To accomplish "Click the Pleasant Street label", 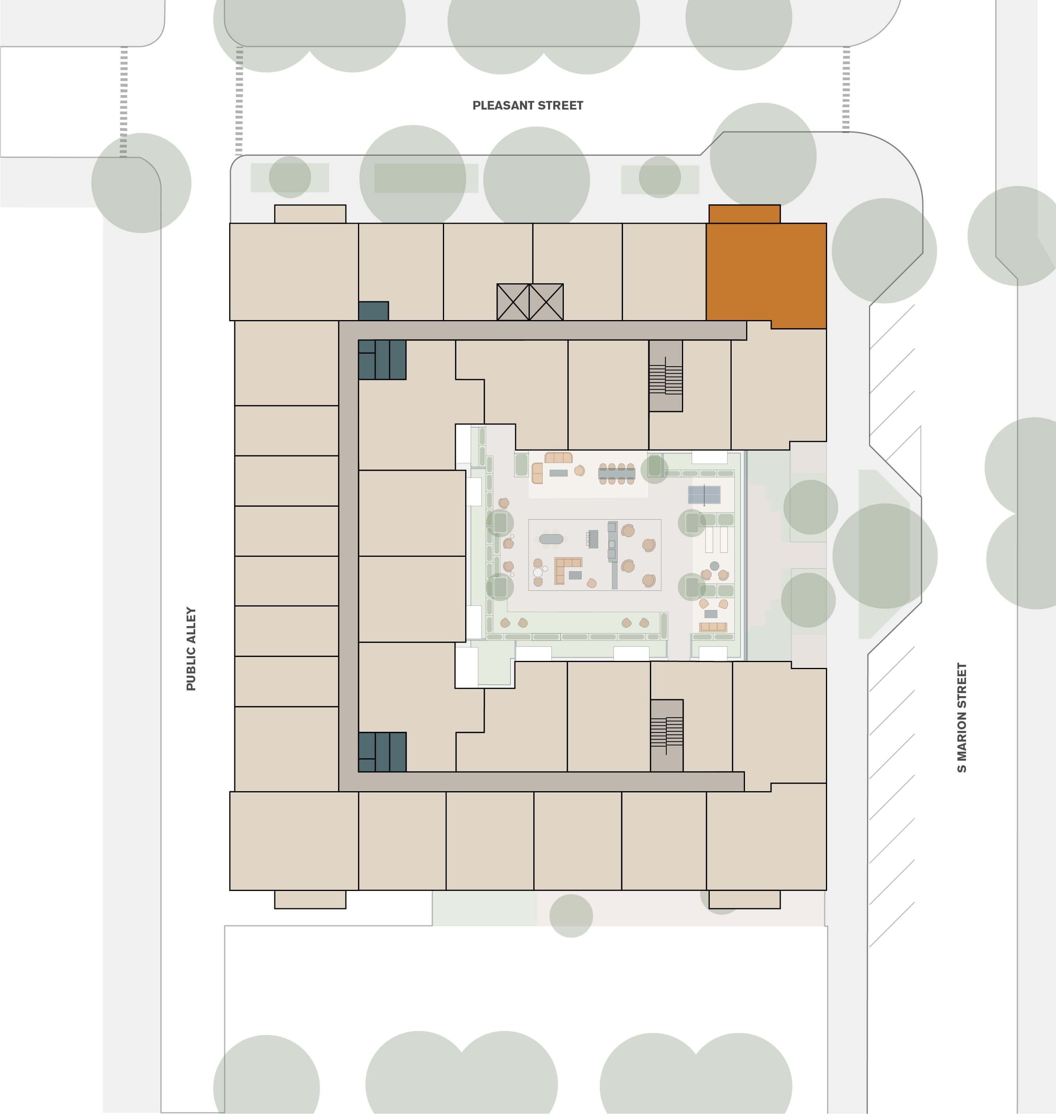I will [x=527, y=105].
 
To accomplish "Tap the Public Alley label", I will [x=191, y=648].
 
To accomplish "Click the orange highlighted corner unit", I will [x=766, y=273].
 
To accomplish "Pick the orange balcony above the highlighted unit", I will [x=744, y=214].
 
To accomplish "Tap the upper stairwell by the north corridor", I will [x=666, y=376].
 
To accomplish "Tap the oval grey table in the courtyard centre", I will [x=551, y=539].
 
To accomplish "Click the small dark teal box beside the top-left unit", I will [x=373, y=311].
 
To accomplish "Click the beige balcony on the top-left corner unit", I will [x=310, y=214].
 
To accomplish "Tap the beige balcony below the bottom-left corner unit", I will [x=310, y=899].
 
